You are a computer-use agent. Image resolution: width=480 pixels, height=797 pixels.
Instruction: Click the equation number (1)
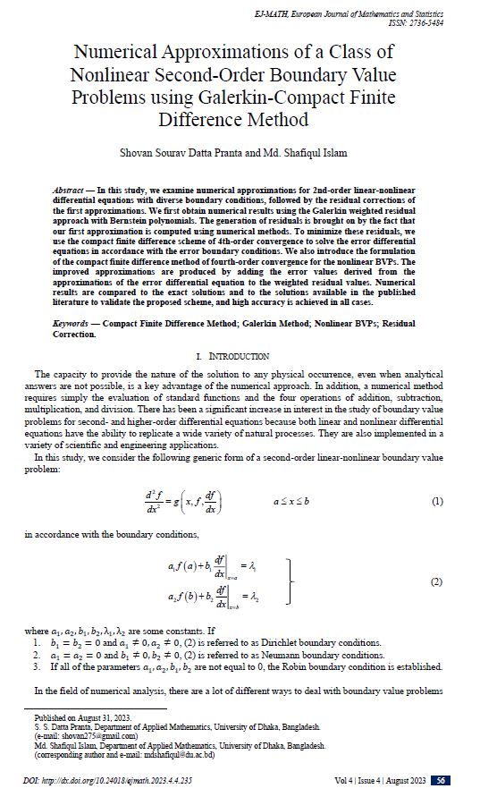click(x=437, y=502)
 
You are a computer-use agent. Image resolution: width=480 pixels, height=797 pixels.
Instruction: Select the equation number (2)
click(x=437, y=582)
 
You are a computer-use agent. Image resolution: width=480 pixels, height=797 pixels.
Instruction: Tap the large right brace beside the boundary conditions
click(x=290, y=581)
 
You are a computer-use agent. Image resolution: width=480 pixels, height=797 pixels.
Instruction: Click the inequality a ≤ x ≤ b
click(x=291, y=501)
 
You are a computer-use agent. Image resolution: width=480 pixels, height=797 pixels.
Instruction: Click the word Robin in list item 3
click(x=325, y=667)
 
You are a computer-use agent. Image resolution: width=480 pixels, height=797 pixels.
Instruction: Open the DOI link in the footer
click(x=107, y=781)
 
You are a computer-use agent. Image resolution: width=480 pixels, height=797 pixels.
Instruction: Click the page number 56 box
click(x=440, y=781)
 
